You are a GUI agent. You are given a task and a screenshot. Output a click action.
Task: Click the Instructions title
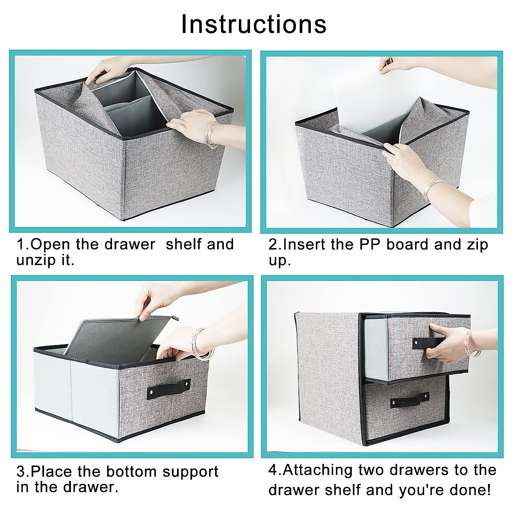tap(254, 24)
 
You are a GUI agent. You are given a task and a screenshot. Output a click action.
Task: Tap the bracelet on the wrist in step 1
tap(212, 134)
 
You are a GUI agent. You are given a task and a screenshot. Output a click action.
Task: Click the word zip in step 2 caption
tap(477, 245)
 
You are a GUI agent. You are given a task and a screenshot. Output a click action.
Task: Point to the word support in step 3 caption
tap(191, 472)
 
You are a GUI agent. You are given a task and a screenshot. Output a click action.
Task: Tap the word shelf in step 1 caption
tap(183, 244)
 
